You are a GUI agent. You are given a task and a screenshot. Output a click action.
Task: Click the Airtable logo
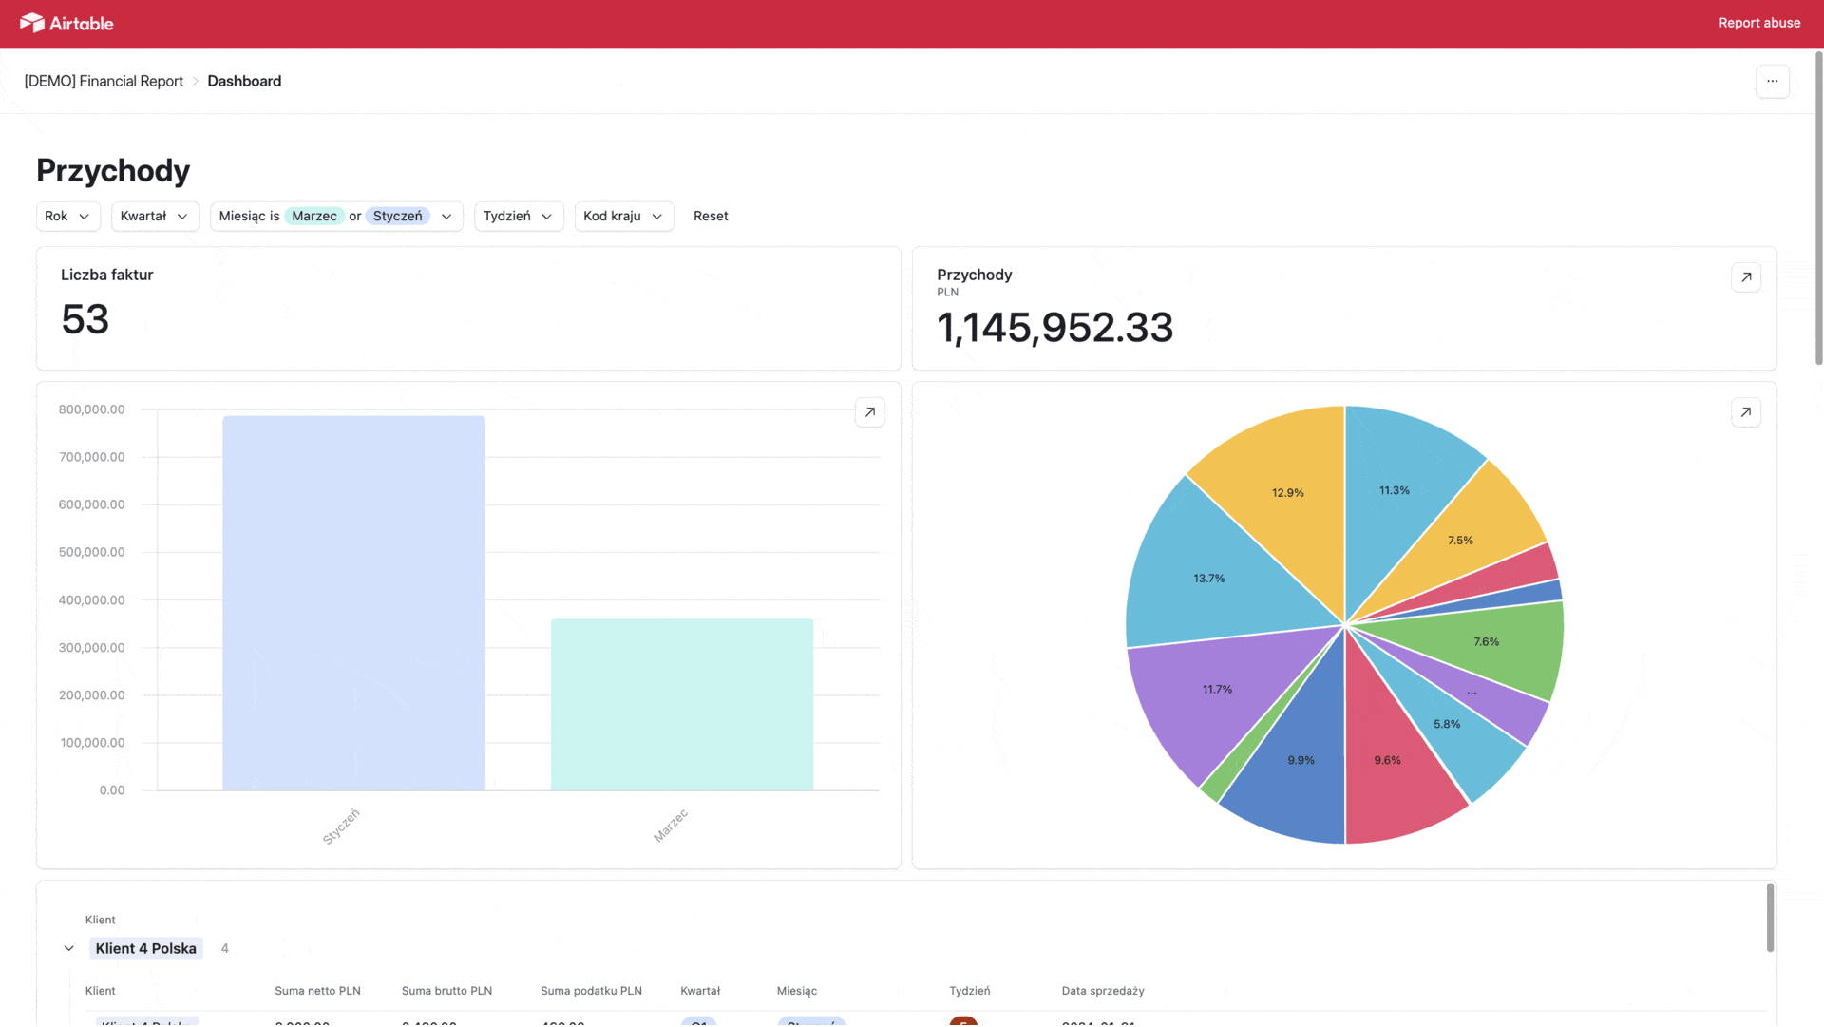66,23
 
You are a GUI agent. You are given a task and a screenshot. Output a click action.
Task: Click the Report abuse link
1758,23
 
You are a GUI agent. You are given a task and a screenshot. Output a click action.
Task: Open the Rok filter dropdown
67,217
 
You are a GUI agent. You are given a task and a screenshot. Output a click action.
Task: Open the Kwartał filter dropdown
154,217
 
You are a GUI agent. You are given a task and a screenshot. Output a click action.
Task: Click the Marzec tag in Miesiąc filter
314,217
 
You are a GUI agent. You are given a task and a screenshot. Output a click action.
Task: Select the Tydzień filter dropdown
518,217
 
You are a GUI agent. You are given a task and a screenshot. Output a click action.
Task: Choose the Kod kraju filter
623,217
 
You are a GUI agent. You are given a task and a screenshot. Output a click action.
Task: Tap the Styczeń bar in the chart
353,603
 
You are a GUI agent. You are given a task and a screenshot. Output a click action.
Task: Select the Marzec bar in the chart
681,704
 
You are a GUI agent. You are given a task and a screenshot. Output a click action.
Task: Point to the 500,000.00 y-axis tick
91,552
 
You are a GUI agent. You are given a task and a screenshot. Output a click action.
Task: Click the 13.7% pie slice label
1208,579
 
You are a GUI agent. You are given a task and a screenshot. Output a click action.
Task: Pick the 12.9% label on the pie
1287,493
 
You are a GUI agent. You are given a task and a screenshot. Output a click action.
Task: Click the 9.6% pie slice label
1387,760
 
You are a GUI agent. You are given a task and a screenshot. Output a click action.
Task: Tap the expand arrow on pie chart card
1745,412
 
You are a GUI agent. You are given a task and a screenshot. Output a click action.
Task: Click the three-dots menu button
1772,82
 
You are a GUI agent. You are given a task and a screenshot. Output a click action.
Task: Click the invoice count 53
85,319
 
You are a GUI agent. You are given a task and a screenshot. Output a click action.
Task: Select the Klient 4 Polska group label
145,948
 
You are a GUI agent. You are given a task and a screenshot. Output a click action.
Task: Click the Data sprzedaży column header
1102,991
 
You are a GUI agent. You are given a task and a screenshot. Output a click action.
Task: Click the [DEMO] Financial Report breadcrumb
104,82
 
